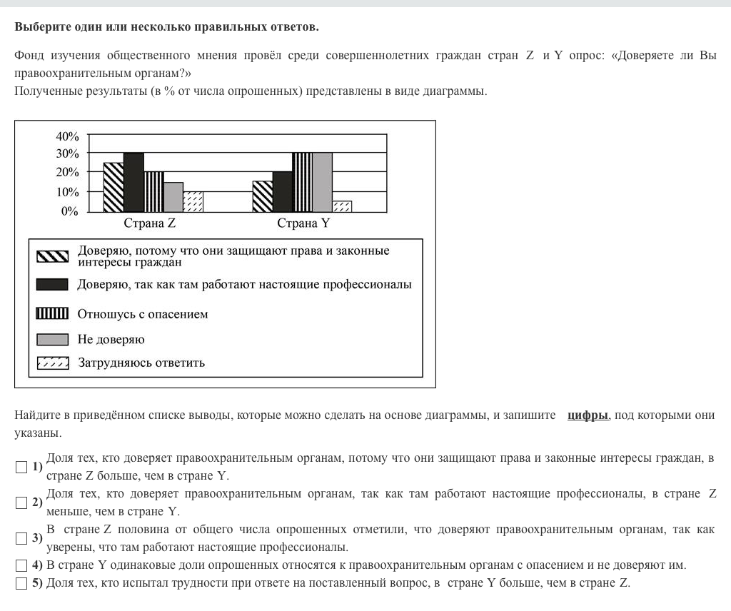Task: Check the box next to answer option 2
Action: pyautogui.click(x=21, y=503)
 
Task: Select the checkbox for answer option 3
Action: pyautogui.click(x=21, y=538)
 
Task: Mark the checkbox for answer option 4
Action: pyautogui.click(x=21, y=565)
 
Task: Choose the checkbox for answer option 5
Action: pyautogui.click(x=21, y=583)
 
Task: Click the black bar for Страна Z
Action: pyautogui.click(x=133, y=183)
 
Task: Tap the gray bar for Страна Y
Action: pyautogui.click(x=322, y=183)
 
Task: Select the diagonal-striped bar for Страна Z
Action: pyautogui.click(x=114, y=187)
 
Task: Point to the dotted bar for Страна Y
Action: pyautogui.click(x=342, y=206)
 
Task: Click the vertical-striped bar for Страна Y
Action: pyautogui.click(x=302, y=183)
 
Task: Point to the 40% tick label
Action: pyautogui.click(x=67, y=136)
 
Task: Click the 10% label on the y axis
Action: pyautogui.click(x=67, y=192)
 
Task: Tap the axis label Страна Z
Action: pyautogui.click(x=150, y=223)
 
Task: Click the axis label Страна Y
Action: pyautogui.click(x=303, y=223)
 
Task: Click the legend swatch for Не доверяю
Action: pyautogui.click(x=53, y=340)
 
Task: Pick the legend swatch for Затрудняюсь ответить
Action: pyautogui.click(x=53, y=363)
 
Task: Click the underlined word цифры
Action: pyautogui.click(x=588, y=415)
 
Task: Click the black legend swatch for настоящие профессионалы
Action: pyautogui.click(x=53, y=285)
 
